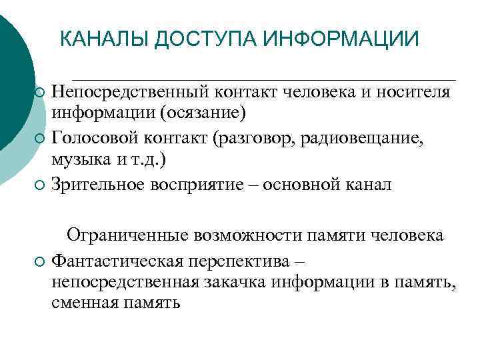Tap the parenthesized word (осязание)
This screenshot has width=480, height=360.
point(203,113)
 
